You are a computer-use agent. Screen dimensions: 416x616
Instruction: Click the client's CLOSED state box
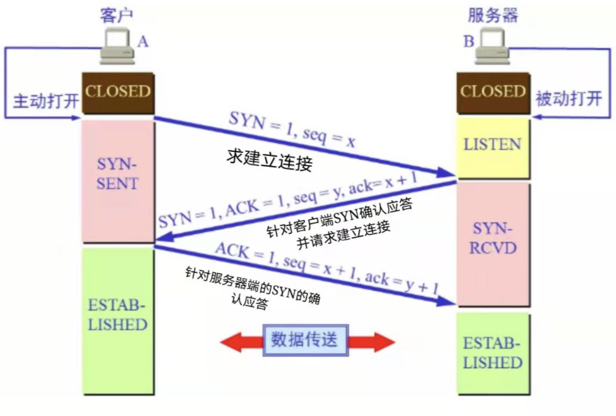[117, 92]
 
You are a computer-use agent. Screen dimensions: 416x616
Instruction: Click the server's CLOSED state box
[492, 92]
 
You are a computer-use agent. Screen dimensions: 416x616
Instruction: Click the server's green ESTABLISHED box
[492, 352]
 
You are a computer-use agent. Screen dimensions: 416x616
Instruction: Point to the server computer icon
[492, 45]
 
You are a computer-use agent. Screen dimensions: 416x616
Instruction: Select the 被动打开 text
[569, 99]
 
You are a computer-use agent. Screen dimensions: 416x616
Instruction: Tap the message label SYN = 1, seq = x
[292, 131]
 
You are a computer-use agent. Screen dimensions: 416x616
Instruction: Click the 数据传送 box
[305, 340]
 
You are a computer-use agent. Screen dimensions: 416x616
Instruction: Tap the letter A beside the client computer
[143, 41]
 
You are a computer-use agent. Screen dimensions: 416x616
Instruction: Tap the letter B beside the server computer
[468, 41]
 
